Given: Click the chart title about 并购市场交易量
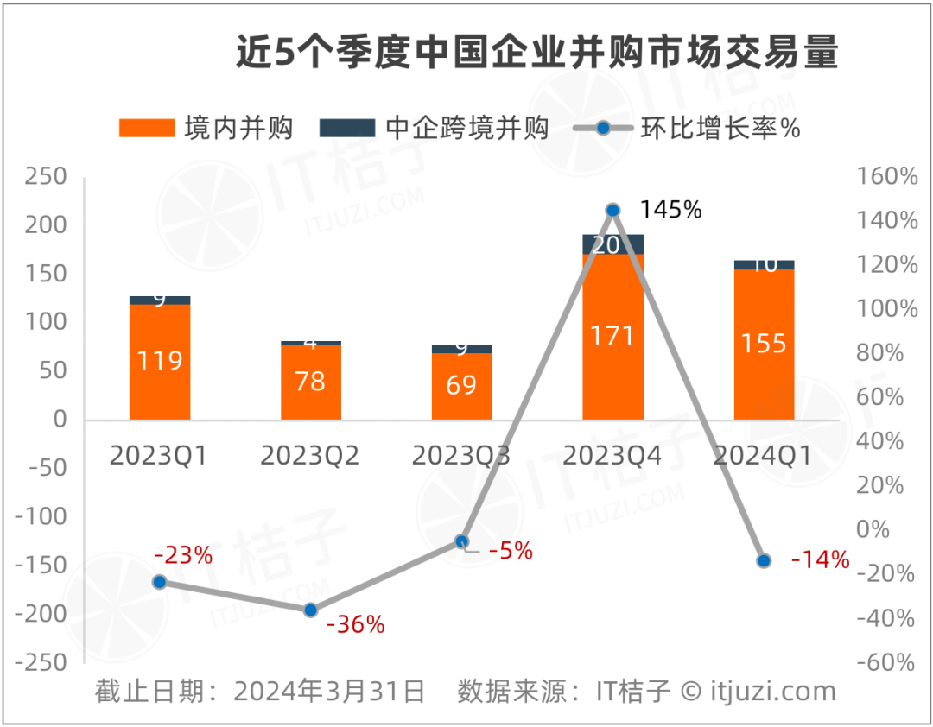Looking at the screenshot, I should [x=537, y=54].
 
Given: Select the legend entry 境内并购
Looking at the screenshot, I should [x=206, y=129].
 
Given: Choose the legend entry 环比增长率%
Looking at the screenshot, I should [x=688, y=129].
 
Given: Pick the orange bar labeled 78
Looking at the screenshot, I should [x=311, y=382].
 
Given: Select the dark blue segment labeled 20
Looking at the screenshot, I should [x=612, y=244].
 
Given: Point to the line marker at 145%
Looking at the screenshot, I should [x=612, y=210].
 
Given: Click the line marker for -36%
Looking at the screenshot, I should [x=311, y=610].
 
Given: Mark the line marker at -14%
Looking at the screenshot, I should [x=764, y=561].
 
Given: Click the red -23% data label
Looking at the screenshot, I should [x=183, y=555].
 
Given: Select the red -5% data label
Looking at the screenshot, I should [x=511, y=550].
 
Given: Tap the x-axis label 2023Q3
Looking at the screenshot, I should [x=461, y=455].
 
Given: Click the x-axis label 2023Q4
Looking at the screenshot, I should [x=612, y=455].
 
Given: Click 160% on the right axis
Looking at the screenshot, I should [x=886, y=177].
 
